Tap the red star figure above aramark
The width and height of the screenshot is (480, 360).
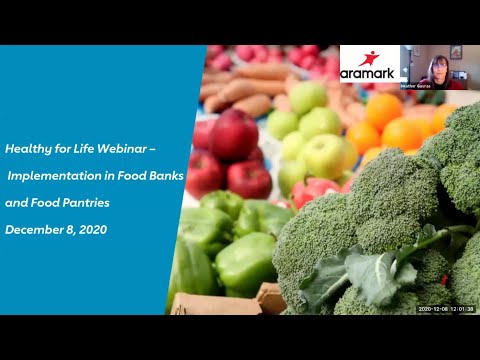369,57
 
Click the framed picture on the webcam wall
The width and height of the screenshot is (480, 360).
456,52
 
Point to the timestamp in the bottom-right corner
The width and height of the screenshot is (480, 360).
446,309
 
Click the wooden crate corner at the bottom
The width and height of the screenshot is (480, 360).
270,297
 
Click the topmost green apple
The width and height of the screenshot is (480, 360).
308,97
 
